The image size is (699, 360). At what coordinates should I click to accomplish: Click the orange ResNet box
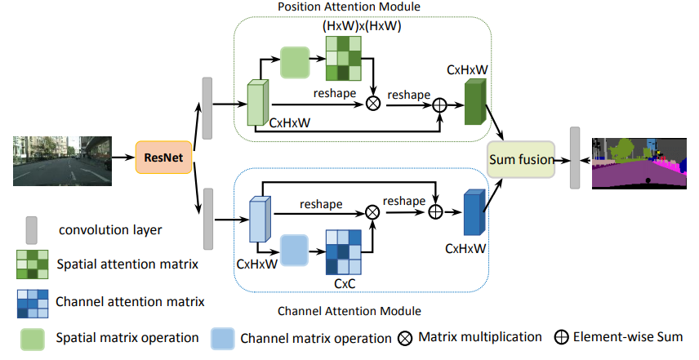tap(163, 157)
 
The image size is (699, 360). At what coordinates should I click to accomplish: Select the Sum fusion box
tap(521, 158)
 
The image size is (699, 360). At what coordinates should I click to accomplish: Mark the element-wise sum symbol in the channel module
tap(436, 211)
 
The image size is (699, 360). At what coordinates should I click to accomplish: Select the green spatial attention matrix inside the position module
tap(343, 61)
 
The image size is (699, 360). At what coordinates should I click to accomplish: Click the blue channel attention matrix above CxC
tap(343, 255)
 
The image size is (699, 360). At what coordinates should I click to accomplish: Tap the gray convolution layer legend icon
tap(33, 229)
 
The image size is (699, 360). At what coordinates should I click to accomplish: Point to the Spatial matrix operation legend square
tap(33, 336)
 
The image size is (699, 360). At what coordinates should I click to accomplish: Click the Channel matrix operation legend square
tap(223, 336)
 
